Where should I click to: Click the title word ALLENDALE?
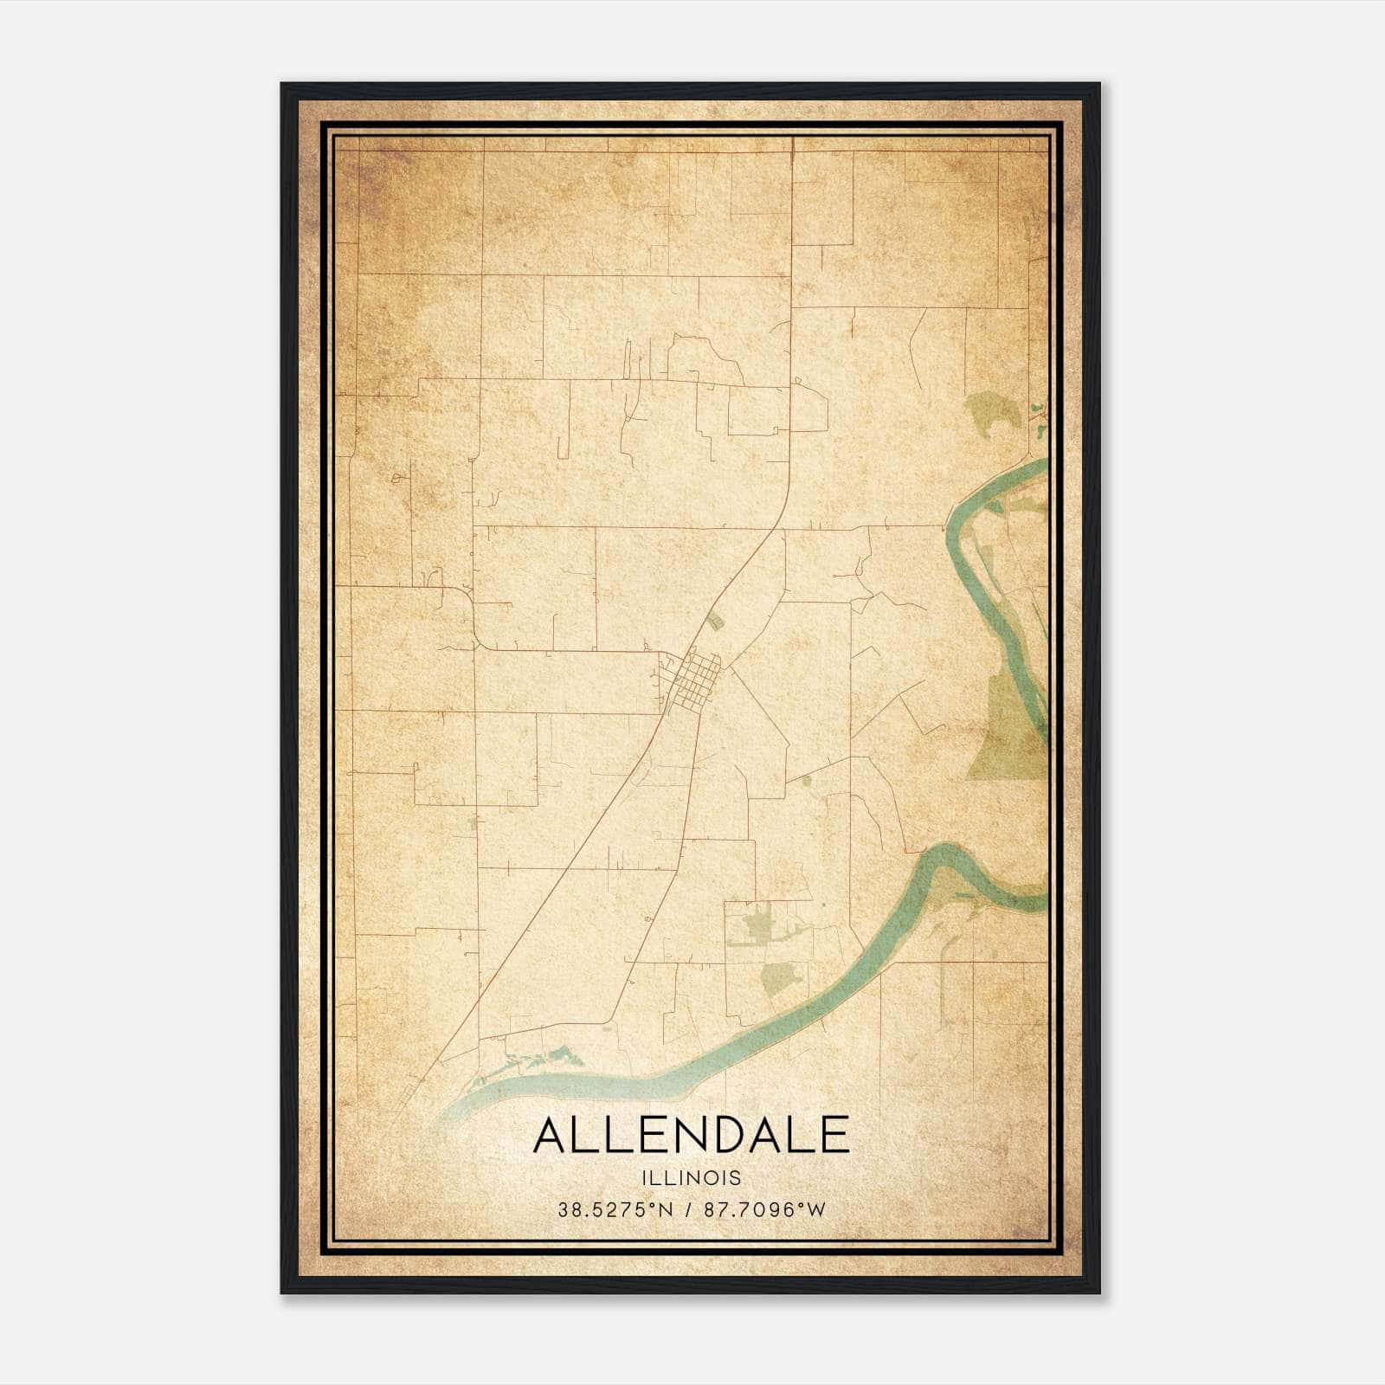tap(691, 1136)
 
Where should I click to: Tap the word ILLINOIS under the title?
tap(691, 1178)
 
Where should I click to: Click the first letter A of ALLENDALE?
tap(551, 1136)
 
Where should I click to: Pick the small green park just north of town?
tap(713, 620)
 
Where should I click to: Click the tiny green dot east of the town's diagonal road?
tap(807, 781)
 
